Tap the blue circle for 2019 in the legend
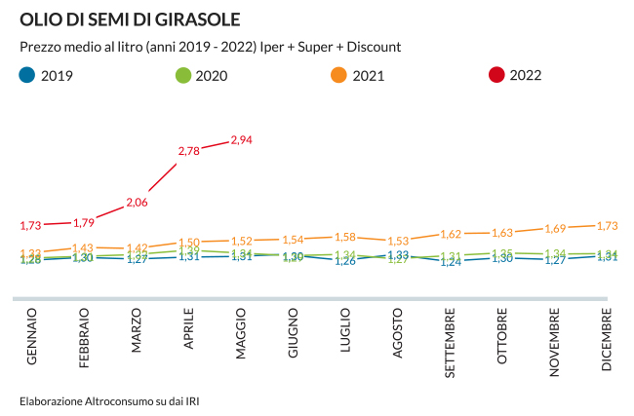(x=27, y=75)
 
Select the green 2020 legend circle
(x=182, y=75)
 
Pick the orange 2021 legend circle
(x=338, y=75)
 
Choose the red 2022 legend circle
(x=496, y=75)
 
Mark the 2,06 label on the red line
(x=137, y=203)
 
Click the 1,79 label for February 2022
(x=84, y=222)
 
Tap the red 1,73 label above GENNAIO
(x=31, y=226)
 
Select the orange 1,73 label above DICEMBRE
(x=607, y=225)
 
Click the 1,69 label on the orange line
(x=554, y=229)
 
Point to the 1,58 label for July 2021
(x=345, y=237)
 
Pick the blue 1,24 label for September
(x=450, y=262)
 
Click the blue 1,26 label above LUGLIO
(x=345, y=261)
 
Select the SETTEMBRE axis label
(x=450, y=344)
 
